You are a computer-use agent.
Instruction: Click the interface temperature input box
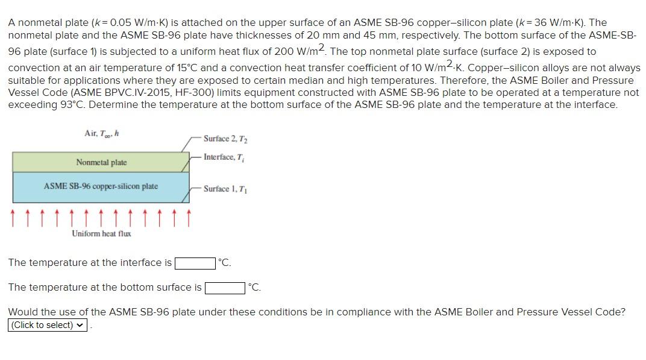tap(195, 263)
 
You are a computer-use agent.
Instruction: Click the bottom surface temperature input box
tap(225, 288)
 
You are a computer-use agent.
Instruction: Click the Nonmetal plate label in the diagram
tap(101, 162)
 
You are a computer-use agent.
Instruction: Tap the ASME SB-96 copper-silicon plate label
tap(101, 186)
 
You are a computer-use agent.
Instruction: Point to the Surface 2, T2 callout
tap(225, 139)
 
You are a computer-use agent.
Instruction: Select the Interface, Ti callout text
tap(223, 157)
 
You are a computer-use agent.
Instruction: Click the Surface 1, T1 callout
tap(225, 189)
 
